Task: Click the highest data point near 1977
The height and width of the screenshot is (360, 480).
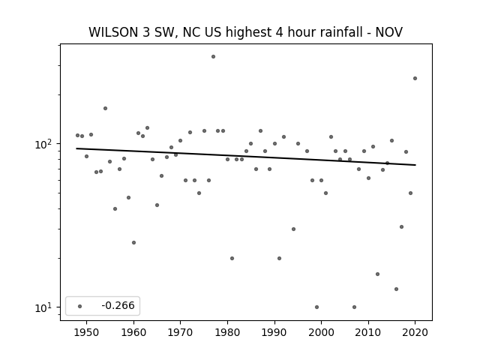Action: coord(213,57)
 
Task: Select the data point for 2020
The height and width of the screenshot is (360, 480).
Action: coord(415,78)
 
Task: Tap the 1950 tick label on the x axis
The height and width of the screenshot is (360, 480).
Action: coord(87,332)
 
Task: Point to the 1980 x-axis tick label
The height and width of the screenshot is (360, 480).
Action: coord(227,332)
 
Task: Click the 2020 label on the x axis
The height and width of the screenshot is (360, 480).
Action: coord(415,332)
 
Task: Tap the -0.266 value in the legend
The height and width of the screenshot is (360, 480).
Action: coord(118,305)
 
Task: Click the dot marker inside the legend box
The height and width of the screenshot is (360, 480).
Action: coord(80,306)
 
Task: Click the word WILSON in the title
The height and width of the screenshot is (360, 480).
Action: coord(113,32)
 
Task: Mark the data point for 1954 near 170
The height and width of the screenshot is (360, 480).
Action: coord(105,108)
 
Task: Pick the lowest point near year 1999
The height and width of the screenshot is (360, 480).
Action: coord(316,307)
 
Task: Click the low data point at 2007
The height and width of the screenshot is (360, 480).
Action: coord(354,307)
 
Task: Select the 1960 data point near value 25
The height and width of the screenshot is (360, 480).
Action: coord(133,243)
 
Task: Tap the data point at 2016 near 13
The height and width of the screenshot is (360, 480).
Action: coord(397,289)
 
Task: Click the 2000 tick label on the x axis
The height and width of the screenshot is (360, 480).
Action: coord(322,332)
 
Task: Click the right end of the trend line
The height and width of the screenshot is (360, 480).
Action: coord(415,165)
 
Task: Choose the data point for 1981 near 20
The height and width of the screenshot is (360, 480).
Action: coord(232,258)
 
